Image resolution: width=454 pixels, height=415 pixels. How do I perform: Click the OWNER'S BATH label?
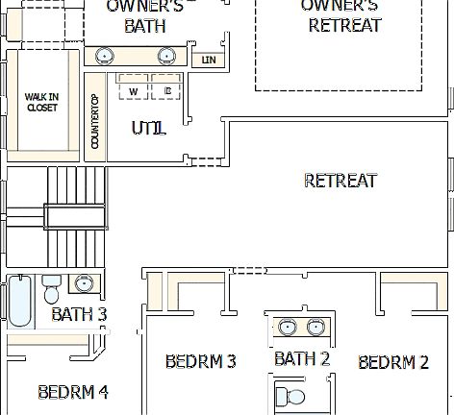point(144,16)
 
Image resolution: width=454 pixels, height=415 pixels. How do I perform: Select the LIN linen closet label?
point(207,60)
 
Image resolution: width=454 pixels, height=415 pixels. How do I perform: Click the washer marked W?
point(133,90)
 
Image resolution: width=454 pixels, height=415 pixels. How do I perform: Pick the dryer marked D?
point(166,90)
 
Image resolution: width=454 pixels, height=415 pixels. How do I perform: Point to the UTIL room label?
point(148,128)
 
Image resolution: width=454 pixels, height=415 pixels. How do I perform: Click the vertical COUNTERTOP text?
point(94,121)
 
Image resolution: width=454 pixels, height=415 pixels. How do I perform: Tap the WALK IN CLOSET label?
point(41,102)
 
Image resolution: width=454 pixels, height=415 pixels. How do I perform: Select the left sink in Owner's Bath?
point(107,54)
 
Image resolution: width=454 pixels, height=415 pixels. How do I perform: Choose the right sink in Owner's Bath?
point(165,54)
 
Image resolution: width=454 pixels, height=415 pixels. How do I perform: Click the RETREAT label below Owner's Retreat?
point(340,181)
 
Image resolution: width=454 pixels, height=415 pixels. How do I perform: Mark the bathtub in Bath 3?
point(19,302)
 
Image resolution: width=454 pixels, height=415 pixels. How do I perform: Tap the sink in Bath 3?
point(85,283)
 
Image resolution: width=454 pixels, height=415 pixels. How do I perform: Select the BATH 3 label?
point(79,314)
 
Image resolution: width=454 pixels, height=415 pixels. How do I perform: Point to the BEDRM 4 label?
point(72,392)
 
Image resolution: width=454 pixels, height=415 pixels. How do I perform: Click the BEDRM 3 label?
point(201,362)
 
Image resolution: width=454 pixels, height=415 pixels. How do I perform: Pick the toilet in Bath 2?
point(292,396)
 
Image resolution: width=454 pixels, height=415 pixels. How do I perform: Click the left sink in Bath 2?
point(287,328)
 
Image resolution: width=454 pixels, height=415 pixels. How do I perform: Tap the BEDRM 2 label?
point(393,362)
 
